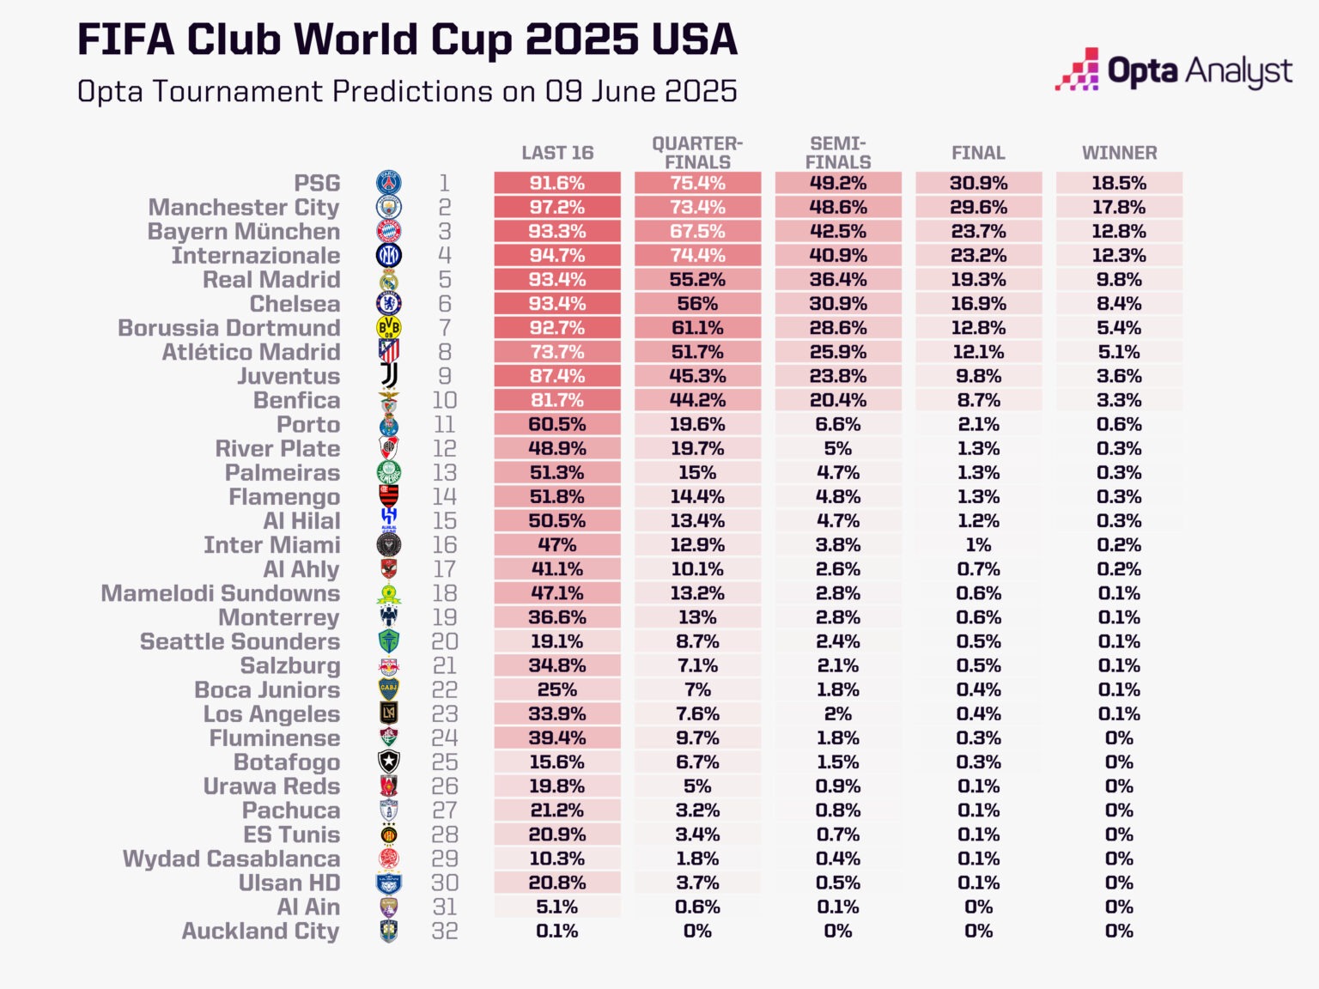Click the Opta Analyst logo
1173,70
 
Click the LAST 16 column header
557,153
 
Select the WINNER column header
1119,153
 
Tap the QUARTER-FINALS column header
697,153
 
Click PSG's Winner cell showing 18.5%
1119,183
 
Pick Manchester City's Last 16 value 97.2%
557,207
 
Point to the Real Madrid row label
271,280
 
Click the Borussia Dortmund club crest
389,328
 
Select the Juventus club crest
389,376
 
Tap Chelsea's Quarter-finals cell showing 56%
697,304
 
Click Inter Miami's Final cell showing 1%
978,545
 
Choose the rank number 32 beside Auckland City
445,931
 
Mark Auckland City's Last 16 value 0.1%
557,931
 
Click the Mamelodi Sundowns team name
221,593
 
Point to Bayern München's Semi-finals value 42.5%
838,231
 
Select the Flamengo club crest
389,497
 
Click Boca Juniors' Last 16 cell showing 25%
557,690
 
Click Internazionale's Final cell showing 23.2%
978,255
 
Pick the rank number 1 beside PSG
445,183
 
